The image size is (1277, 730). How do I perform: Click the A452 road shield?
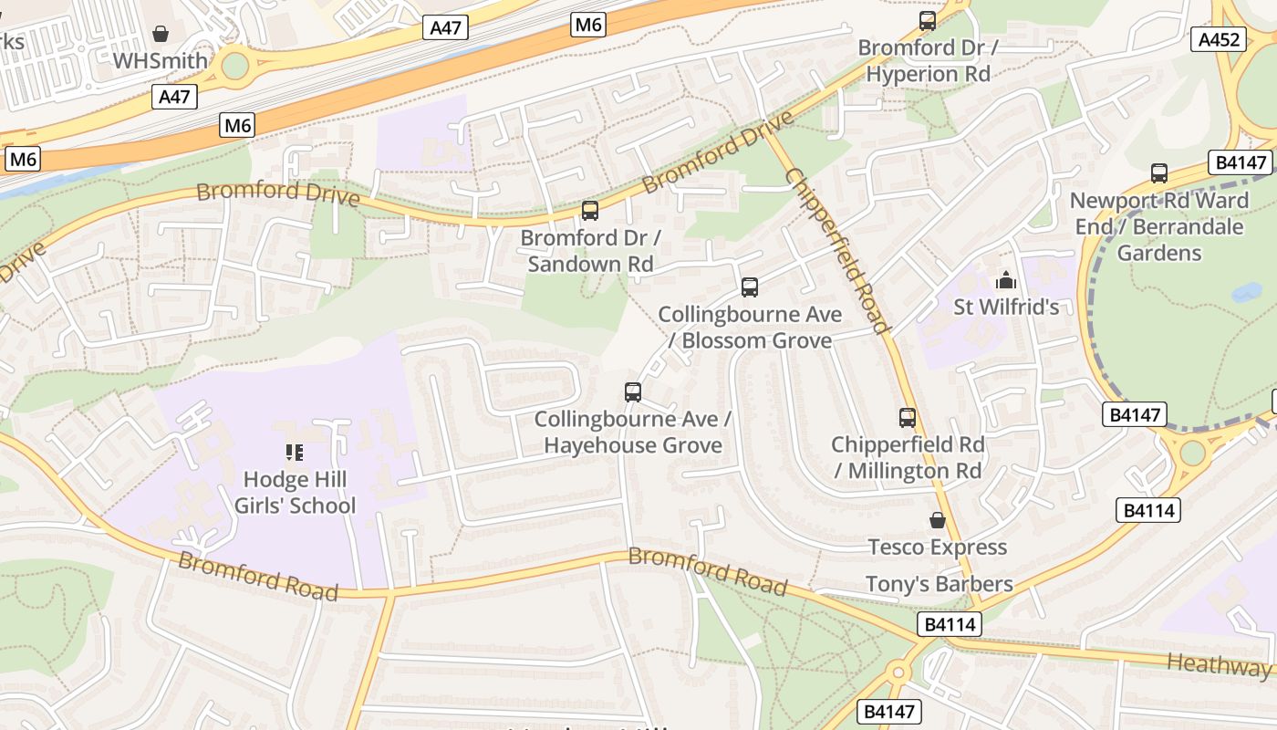tap(1219, 39)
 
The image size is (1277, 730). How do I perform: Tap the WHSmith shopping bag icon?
tap(161, 34)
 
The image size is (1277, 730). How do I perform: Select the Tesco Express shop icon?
tap(937, 520)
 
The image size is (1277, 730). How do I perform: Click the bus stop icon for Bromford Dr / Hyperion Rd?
tap(927, 20)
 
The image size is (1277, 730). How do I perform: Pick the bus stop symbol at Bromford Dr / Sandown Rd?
tap(590, 211)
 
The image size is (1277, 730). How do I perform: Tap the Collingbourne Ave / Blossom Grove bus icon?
tap(750, 287)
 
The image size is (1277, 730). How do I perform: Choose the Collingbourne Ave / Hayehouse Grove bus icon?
tap(633, 392)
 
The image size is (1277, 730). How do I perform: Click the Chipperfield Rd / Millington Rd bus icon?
tap(908, 418)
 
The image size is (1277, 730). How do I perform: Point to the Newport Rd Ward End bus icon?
tap(1159, 172)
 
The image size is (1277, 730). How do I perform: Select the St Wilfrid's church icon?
tap(1006, 279)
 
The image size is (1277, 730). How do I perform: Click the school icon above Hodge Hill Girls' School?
tap(294, 452)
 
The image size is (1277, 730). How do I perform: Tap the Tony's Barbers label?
tap(939, 584)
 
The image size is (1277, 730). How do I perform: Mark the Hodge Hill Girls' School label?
tap(295, 492)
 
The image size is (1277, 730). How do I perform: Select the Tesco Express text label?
tap(937, 547)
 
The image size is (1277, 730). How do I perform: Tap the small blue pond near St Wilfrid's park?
tap(1245, 293)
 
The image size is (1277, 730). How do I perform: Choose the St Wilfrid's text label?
tap(1006, 307)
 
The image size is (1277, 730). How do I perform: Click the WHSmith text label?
tap(161, 61)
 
